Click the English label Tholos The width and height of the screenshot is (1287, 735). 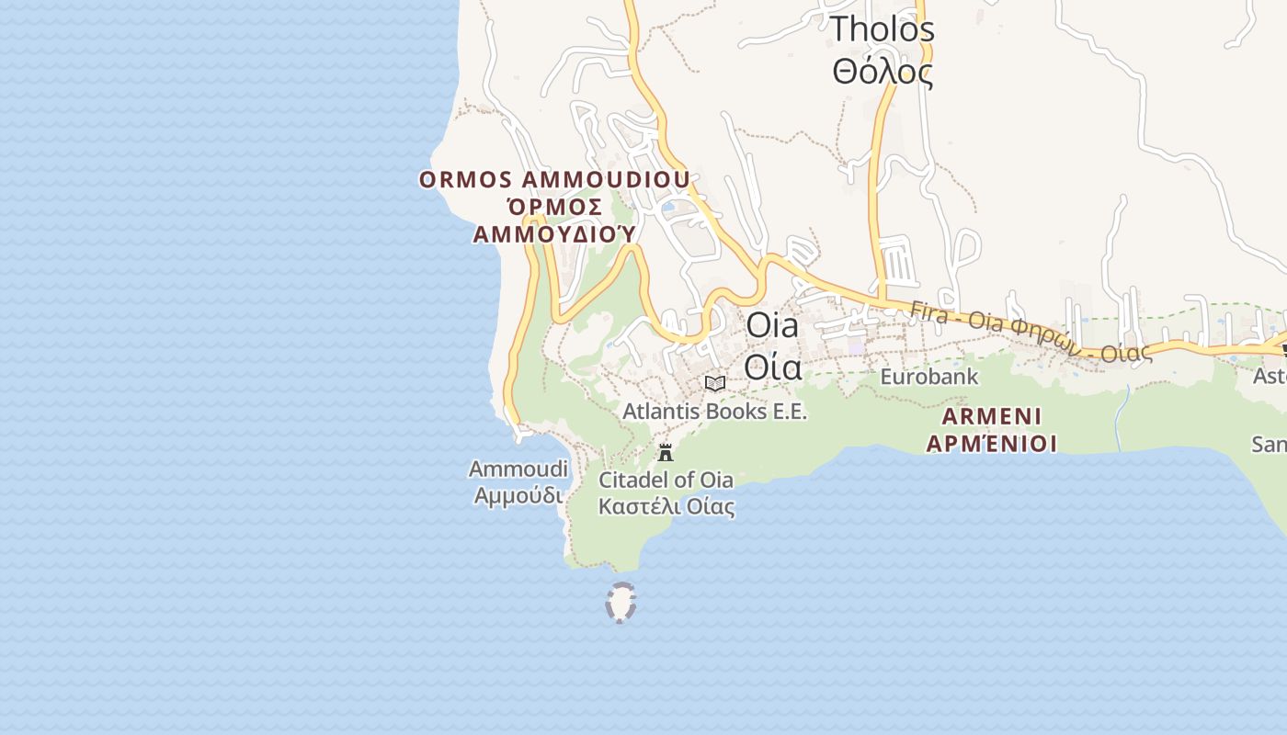click(x=882, y=29)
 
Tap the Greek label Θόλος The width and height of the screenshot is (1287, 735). click(x=882, y=72)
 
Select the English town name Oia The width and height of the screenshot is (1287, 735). click(x=772, y=325)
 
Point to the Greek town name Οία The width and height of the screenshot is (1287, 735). click(x=772, y=367)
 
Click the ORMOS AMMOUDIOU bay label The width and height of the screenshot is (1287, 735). click(x=554, y=179)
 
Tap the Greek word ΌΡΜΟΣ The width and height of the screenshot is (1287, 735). click(x=554, y=207)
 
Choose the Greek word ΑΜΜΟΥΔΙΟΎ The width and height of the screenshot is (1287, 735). click(x=554, y=234)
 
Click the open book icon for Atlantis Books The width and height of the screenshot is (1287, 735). click(x=715, y=383)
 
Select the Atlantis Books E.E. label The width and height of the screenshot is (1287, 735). click(x=714, y=411)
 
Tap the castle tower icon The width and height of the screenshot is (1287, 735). click(x=666, y=452)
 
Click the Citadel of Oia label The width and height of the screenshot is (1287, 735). click(x=666, y=480)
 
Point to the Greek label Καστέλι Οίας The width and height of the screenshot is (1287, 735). click(x=666, y=506)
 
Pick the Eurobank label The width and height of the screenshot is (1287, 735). click(x=929, y=377)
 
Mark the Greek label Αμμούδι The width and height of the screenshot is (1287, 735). click(x=518, y=495)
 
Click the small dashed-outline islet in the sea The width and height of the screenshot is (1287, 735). click(x=621, y=603)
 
